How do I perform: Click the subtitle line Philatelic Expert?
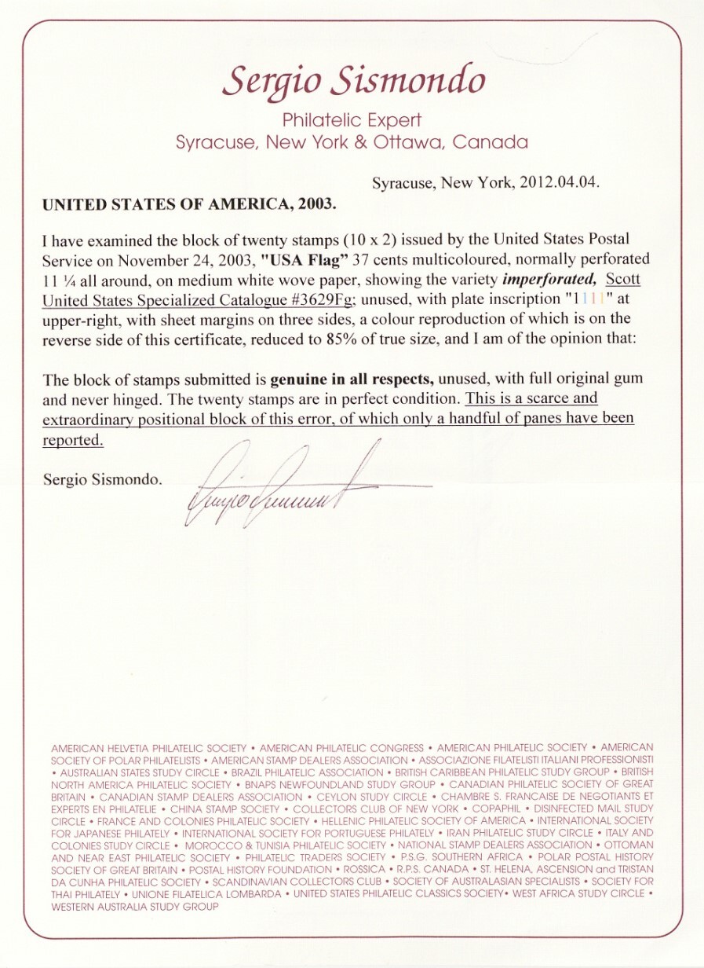[x=352, y=120]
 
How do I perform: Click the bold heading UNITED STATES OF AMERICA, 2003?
[x=189, y=203]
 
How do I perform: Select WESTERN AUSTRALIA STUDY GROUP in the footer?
[x=135, y=906]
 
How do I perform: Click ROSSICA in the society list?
[x=362, y=870]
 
